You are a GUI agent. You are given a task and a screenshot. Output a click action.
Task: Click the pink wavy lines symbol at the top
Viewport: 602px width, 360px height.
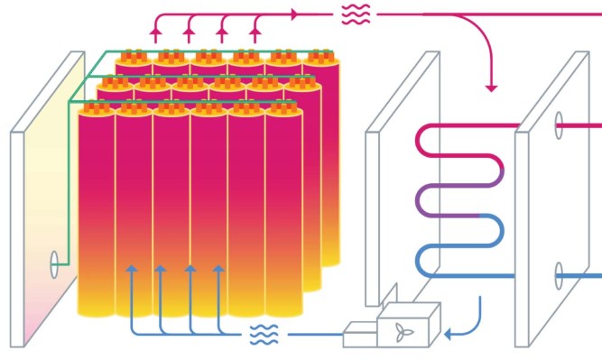[354, 14]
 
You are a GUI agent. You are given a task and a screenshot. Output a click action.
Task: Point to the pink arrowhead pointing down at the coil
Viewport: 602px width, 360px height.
[491, 87]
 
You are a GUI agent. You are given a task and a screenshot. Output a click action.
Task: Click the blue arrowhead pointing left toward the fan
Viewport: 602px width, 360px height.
[448, 335]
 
